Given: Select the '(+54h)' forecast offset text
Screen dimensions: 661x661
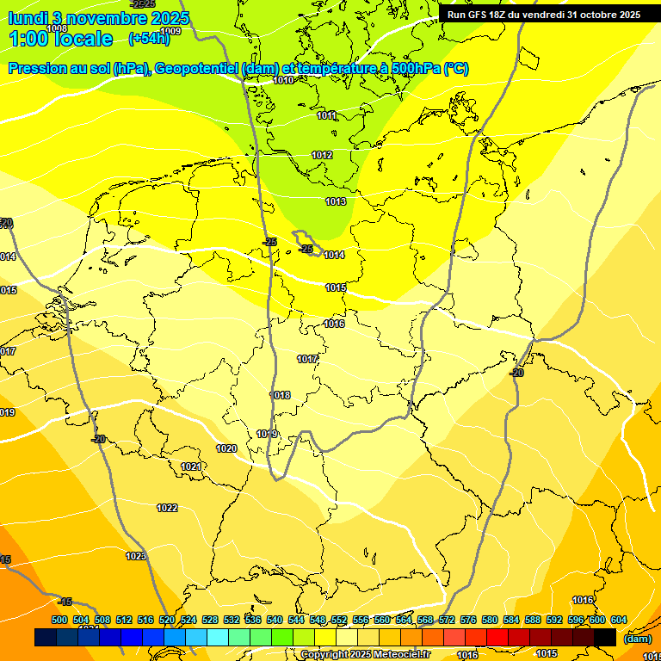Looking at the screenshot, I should pos(149,39).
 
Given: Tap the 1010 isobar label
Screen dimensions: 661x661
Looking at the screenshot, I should pos(283,80).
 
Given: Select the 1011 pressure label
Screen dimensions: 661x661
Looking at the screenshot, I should pos(326,115).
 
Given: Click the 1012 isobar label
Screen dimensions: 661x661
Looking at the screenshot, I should pos(322,155).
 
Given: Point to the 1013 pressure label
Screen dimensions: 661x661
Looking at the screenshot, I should pos(336,201).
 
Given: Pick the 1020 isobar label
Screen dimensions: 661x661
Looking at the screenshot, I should pos(226,448).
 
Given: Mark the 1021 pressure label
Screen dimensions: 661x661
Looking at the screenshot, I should pos(191,466).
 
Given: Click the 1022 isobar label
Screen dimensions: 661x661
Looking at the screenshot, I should pos(167,508).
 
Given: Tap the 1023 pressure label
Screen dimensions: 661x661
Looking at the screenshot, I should pos(136,556).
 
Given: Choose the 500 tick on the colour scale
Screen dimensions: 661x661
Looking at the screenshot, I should pos(59,620).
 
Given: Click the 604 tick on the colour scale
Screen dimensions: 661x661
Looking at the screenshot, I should pos(619,620).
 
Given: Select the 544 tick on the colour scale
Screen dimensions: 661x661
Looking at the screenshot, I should pos(296,620).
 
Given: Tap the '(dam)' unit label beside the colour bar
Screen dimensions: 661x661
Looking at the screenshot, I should pos(637,639).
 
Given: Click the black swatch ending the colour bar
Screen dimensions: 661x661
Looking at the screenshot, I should pos(605,637).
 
